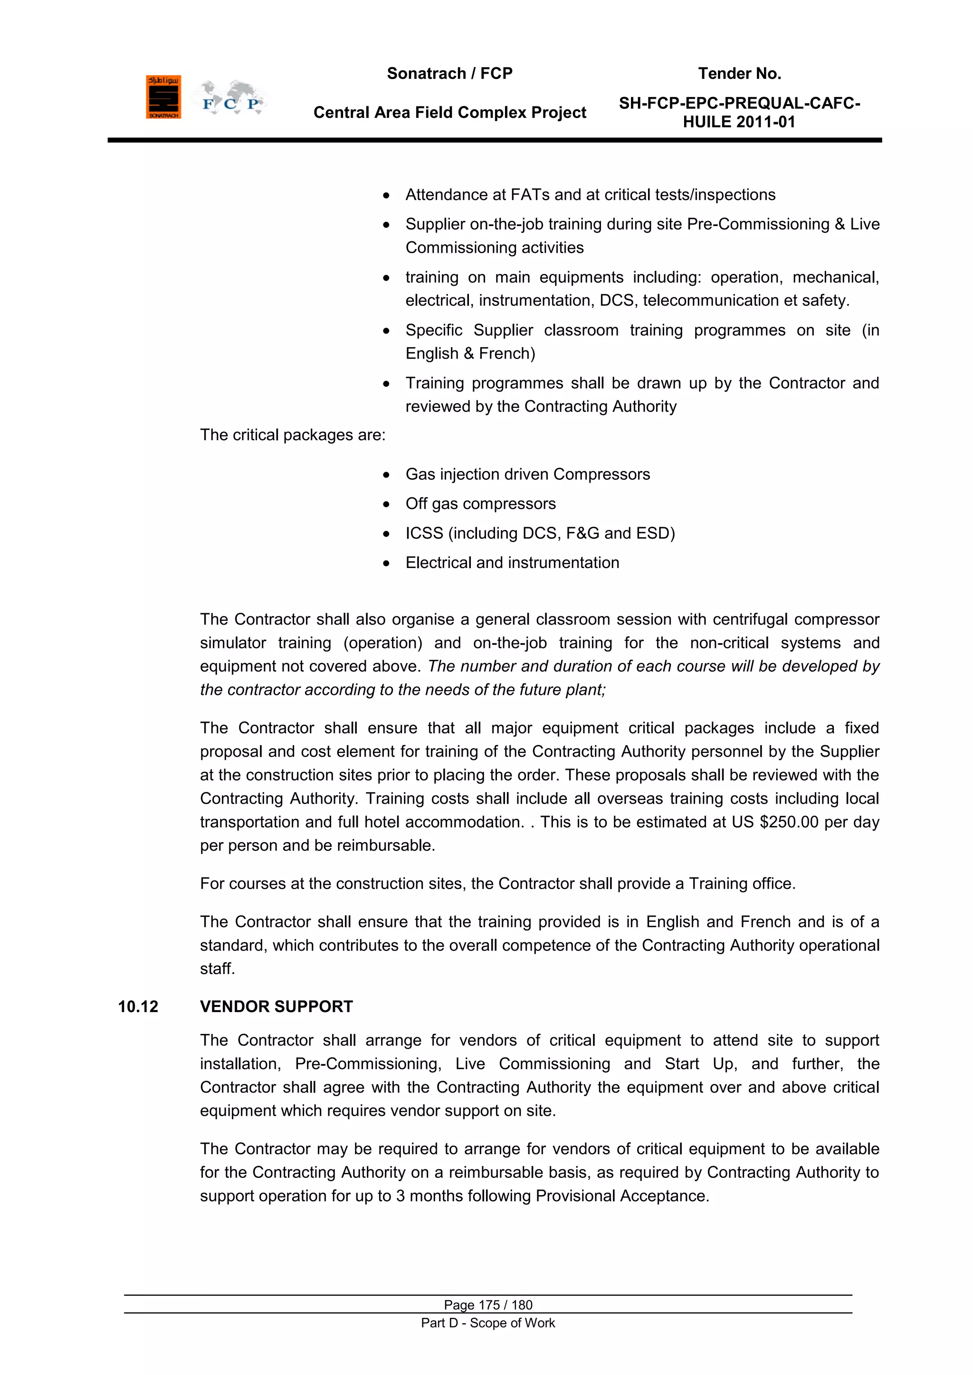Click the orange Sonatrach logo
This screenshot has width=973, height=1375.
163,97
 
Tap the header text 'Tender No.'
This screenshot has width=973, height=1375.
739,74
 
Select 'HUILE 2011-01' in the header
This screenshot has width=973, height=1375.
739,122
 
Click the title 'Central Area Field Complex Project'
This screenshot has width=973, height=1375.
449,113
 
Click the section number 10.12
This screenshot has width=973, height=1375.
138,1007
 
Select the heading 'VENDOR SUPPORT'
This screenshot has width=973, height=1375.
276,1007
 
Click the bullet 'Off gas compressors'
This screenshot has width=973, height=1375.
480,503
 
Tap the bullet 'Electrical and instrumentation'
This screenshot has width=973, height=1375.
512,563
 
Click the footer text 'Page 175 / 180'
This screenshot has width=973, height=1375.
488,1305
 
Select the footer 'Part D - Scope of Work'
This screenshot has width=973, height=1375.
488,1323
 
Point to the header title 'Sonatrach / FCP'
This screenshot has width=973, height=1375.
449,74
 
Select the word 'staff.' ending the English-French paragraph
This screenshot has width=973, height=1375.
218,969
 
